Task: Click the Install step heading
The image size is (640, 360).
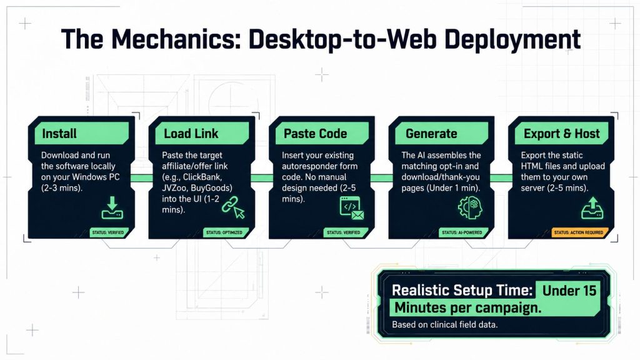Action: point(59,134)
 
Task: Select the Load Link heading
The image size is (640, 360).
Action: point(191,134)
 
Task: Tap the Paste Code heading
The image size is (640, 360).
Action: point(315,134)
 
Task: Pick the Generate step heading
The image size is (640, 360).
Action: point(431,134)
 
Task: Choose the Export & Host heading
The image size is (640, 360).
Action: point(562,134)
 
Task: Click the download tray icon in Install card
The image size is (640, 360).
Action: point(112,207)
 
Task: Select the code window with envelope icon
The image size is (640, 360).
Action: point(351,208)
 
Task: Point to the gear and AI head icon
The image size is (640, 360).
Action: point(470,207)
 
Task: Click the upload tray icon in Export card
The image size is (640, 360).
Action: point(592,207)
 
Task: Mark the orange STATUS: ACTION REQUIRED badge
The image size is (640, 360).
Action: point(578,232)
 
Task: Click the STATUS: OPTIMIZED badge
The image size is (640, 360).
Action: point(224,232)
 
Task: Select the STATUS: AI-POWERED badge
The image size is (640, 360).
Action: point(462,232)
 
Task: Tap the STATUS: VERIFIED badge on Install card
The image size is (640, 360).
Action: point(107,232)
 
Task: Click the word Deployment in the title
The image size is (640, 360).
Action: point(512,39)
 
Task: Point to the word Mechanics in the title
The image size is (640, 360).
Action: point(176,39)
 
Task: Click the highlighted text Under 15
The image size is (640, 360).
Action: point(569,291)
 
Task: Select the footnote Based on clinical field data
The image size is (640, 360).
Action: point(445,325)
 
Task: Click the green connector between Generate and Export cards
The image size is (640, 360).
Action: point(501,178)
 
